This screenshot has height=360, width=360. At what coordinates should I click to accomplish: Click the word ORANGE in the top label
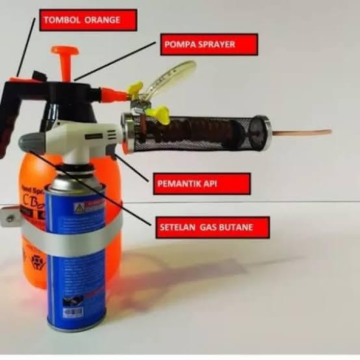(x=103, y=19)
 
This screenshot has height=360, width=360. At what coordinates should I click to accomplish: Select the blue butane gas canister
(x=77, y=260)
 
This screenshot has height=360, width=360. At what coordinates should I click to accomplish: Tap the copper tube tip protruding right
(x=305, y=133)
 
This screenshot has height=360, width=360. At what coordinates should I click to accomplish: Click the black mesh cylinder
(x=201, y=131)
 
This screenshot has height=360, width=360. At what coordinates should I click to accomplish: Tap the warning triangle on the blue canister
(x=79, y=208)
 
